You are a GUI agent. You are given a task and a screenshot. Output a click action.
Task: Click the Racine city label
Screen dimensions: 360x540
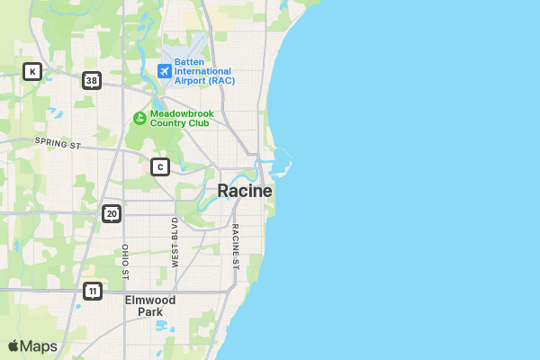click(244, 192)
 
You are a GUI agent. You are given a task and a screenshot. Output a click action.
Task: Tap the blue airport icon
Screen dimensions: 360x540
click(164, 70)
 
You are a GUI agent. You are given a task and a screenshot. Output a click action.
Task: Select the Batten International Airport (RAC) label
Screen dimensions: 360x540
click(204, 71)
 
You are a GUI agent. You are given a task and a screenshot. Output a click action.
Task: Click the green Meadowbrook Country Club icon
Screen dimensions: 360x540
click(139, 118)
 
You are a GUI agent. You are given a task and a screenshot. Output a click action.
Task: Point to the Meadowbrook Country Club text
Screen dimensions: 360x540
click(180, 118)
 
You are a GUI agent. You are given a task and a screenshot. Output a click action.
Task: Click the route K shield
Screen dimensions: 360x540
click(32, 71)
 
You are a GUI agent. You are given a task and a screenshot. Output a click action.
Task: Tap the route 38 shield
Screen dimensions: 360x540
click(91, 81)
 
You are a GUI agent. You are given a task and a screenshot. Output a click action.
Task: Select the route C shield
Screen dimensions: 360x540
click(160, 166)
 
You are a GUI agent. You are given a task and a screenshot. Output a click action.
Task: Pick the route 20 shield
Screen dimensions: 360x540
click(111, 213)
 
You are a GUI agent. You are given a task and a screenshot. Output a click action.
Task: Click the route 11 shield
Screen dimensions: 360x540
click(92, 291)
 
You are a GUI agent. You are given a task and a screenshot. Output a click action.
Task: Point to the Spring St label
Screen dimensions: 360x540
click(58, 142)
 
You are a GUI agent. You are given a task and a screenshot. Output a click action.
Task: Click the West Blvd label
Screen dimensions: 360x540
click(175, 241)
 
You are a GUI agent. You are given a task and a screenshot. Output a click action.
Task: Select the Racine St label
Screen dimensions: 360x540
click(235, 246)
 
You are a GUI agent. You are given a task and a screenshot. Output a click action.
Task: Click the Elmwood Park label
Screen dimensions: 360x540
click(150, 305)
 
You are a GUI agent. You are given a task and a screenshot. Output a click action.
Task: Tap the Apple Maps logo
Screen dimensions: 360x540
click(32, 346)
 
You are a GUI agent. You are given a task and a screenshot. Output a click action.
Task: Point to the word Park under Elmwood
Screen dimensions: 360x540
click(150, 311)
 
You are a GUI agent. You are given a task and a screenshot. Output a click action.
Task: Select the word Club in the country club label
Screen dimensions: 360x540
click(196, 123)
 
